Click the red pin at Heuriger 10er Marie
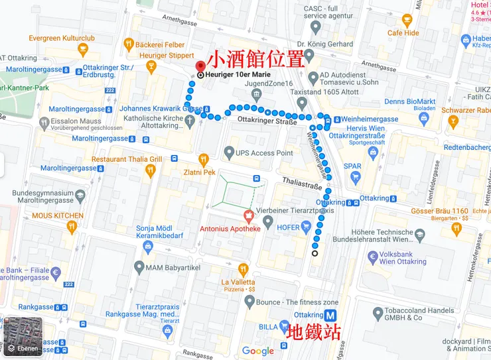tap(201, 66)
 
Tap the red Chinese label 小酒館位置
tap(255, 60)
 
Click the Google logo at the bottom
tap(257, 351)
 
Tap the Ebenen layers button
tap(21, 337)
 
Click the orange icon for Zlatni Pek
tap(204, 159)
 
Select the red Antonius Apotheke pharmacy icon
tap(248, 215)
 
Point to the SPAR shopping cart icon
tap(355, 177)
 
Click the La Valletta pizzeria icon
tap(243, 269)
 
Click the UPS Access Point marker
tap(229, 152)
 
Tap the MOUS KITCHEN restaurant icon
tap(72, 227)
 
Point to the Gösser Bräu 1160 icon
tap(456, 229)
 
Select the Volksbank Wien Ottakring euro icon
tap(373, 257)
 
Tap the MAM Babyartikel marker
tap(139, 267)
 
